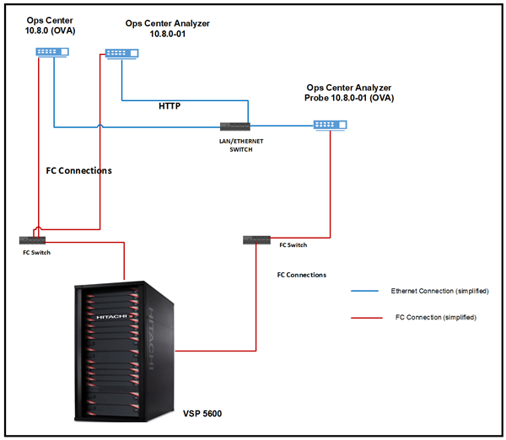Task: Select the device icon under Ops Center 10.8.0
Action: click(52, 51)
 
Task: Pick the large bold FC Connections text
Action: click(78, 170)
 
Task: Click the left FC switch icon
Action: click(34, 240)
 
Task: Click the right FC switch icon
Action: click(255, 240)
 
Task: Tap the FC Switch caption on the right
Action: click(293, 245)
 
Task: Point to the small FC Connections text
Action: click(301, 275)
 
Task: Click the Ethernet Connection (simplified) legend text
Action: click(439, 291)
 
